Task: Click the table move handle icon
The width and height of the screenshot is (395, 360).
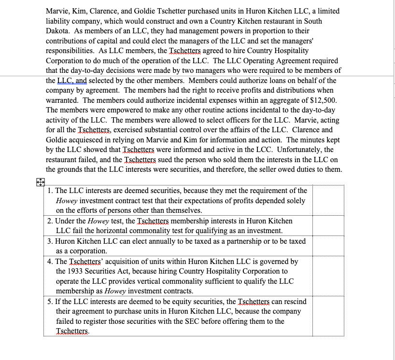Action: coord(41,182)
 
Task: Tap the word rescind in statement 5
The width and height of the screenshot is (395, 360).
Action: coord(294,302)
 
